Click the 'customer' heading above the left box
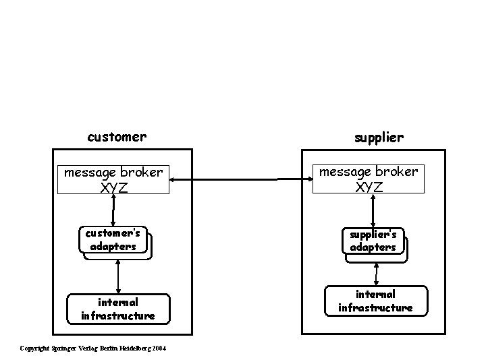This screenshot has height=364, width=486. [x=117, y=137]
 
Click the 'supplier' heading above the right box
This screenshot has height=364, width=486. [x=379, y=137]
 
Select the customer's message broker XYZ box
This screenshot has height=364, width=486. [x=113, y=179]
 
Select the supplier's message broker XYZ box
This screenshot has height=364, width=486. [x=369, y=179]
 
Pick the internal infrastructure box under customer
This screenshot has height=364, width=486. [x=117, y=309]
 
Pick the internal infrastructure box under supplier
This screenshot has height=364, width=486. [x=375, y=301]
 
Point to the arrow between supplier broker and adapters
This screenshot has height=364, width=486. [x=373, y=210]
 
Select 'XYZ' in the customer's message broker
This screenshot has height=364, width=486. [x=113, y=187]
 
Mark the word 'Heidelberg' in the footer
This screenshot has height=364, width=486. [x=136, y=348]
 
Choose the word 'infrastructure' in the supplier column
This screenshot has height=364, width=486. [x=375, y=307]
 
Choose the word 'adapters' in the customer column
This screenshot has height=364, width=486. [x=113, y=247]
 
